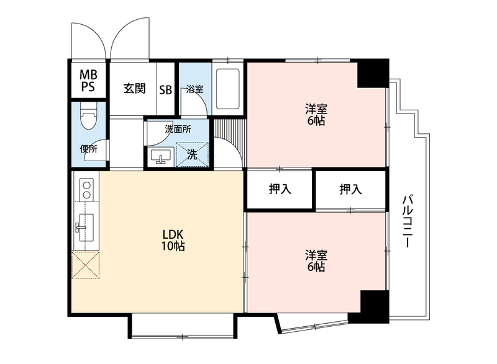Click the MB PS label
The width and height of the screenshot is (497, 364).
coord(87,81)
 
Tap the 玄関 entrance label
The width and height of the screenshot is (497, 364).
coord(134,89)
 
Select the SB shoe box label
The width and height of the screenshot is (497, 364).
coord(165,89)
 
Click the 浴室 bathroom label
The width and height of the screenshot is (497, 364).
coord(194,89)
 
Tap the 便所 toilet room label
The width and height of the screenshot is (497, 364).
coord(88,149)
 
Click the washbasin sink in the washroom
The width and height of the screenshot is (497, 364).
coord(162,156)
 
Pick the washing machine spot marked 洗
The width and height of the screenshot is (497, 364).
coord(193,155)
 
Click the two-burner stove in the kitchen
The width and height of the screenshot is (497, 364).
coord(86,189)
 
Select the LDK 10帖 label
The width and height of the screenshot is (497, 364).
coord(174,241)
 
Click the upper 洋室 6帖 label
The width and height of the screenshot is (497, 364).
coord(316,115)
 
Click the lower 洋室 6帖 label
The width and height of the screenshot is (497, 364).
coord(316,261)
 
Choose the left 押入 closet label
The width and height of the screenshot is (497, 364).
coord(280,190)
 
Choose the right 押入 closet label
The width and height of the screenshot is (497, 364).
coord(350,190)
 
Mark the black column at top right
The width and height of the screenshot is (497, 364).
coord(372,73)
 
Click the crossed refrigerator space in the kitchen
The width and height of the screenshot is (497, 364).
coord(86,265)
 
